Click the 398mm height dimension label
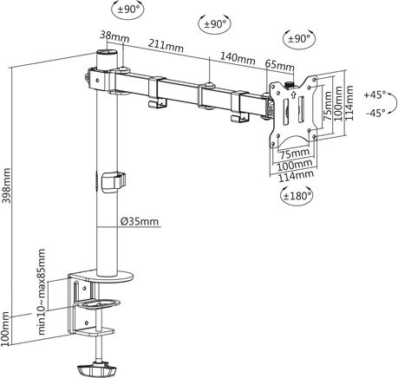tap(6, 186)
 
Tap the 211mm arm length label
tap(166, 46)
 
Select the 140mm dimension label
tap(238, 59)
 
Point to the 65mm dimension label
tap(280, 66)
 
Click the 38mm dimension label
tap(114, 36)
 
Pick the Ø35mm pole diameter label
tap(140, 221)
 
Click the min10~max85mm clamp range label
tap(42, 292)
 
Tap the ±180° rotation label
tap(297, 196)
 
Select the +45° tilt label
tap(375, 94)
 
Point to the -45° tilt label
tap(375, 113)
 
